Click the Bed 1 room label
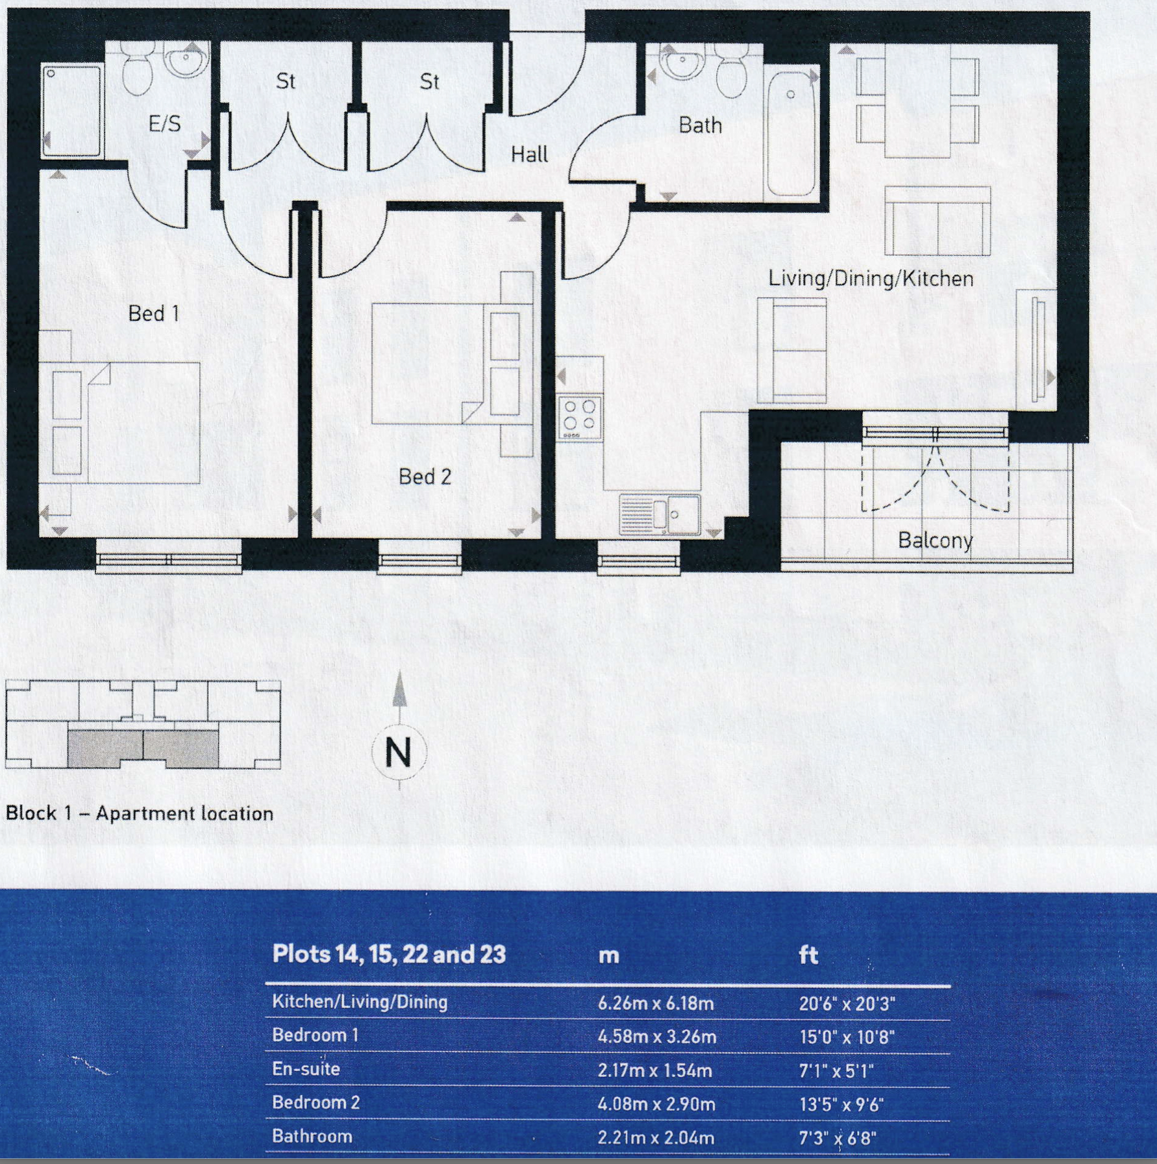tap(153, 314)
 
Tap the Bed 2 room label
tap(425, 477)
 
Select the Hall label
tap(529, 155)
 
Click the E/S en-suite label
tap(164, 123)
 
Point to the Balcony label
tap(935, 540)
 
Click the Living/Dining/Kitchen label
tap(871, 279)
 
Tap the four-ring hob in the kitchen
tap(580, 417)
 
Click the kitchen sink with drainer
tap(660, 514)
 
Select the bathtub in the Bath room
tap(790, 133)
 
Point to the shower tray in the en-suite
tap(71, 110)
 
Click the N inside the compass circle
tap(399, 753)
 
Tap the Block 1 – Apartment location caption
tap(140, 813)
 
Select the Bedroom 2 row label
tap(316, 1102)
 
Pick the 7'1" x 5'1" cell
tap(836, 1071)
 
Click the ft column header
tap(808, 955)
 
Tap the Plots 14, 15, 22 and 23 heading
tap(388, 954)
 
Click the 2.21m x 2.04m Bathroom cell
tap(656, 1138)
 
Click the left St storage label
tap(285, 81)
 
